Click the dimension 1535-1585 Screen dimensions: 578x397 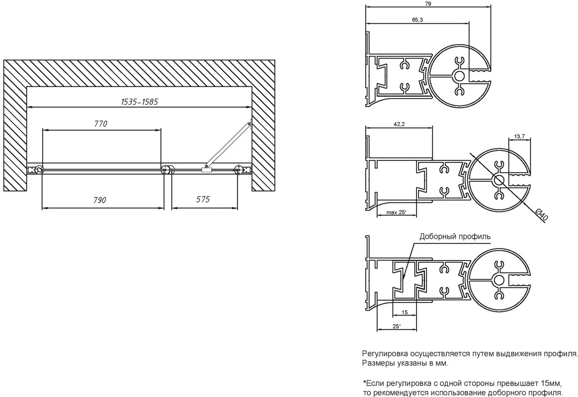(x=139, y=102)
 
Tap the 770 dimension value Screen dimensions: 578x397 (x=100, y=124)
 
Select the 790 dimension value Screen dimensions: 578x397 (x=99, y=200)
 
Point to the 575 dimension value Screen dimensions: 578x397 (x=203, y=199)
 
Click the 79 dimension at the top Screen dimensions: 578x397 (x=428, y=3)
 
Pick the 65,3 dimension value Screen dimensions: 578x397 (x=417, y=20)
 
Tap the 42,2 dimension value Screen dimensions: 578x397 (x=399, y=125)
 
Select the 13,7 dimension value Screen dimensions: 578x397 (x=519, y=136)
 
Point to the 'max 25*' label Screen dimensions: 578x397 (x=396, y=212)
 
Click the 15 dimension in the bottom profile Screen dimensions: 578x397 (x=405, y=312)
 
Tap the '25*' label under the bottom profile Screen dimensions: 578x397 (x=396, y=327)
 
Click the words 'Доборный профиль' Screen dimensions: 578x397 (x=455, y=237)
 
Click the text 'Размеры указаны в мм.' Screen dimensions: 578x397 (x=405, y=364)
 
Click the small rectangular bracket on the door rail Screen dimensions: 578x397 (x=206, y=170)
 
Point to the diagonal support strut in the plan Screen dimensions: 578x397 (x=228, y=146)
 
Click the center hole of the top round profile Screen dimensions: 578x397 (x=459, y=76)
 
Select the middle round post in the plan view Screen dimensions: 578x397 (x=167, y=170)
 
